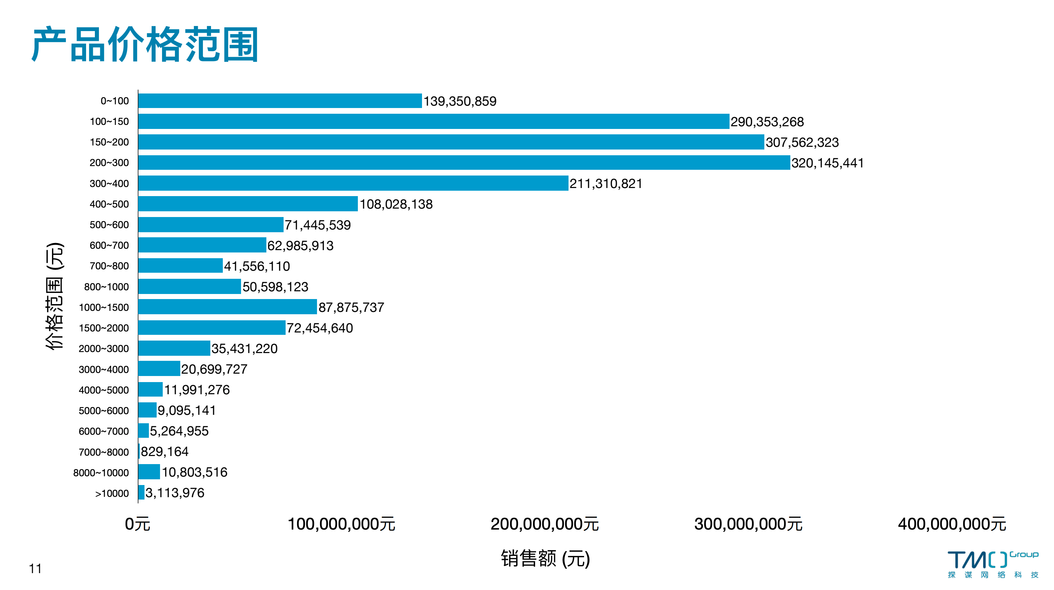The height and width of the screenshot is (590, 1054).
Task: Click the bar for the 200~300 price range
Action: point(464,162)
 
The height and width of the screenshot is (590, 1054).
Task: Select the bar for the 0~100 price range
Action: point(280,101)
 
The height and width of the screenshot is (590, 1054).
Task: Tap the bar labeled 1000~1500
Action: point(228,307)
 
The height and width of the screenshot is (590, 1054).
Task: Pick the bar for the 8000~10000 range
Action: point(149,472)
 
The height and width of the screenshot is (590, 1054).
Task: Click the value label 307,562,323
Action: point(802,142)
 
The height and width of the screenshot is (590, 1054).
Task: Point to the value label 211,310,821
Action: point(606,184)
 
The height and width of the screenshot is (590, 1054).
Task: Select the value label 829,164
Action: point(164,452)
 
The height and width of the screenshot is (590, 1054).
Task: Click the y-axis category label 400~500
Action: point(109,204)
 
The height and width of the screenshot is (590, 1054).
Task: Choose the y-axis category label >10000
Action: point(112,493)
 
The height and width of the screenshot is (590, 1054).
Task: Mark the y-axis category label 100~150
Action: point(109,122)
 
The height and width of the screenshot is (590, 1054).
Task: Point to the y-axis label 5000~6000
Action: point(104,411)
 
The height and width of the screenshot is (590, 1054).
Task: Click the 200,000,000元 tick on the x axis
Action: point(545,524)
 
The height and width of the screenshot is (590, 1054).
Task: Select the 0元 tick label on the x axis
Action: point(137,524)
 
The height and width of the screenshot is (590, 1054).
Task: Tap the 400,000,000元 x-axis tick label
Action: point(952,524)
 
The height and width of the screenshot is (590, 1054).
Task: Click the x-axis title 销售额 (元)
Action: point(546,559)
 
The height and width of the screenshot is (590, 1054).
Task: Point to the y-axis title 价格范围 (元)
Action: point(55,296)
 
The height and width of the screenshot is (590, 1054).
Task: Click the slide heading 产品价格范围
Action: point(145,44)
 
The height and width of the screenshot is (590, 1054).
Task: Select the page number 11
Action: point(35,569)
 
